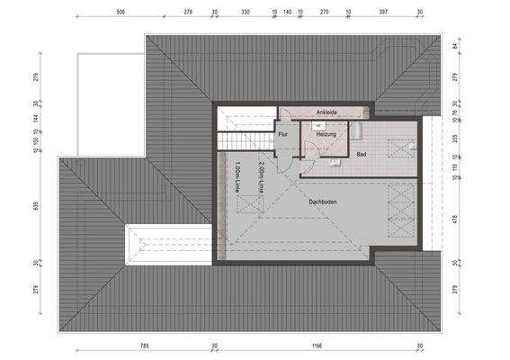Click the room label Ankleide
point(326,112)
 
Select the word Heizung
point(325,134)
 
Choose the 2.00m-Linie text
point(260,176)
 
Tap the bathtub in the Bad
point(354,133)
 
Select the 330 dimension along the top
point(244,13)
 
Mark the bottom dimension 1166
point(317,345)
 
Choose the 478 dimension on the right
point(457,218)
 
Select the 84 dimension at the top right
point(457,45)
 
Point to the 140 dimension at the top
point(287,13)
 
